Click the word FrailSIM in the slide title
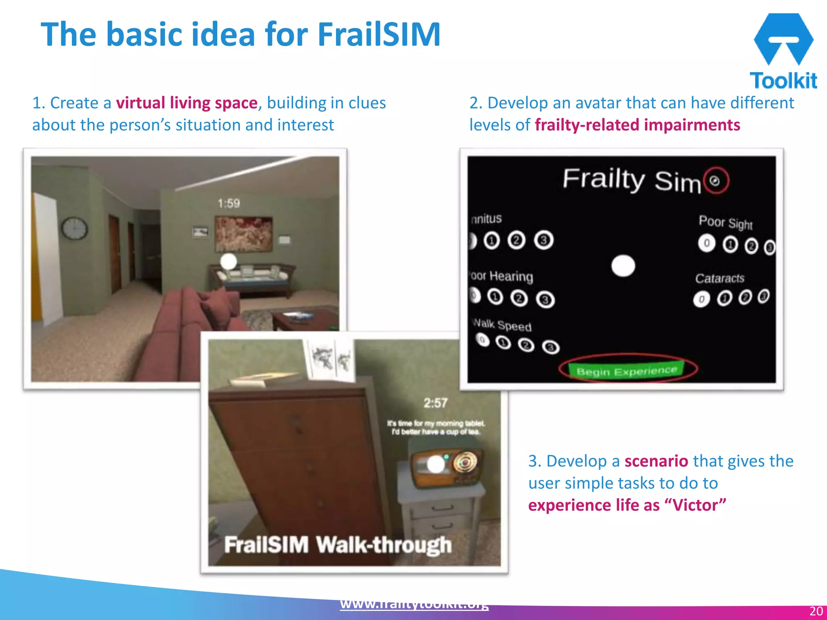click(x=379, y=35)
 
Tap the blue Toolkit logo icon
click(x=783, y=39)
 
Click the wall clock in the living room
click(x=74, y=228)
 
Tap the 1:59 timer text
click(x=229, y=203)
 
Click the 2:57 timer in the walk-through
click(x=435, y=402)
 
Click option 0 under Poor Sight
click(x=707, y=243)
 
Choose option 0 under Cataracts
click(x=702, y=299)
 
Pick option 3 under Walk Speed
click(x=551, y=347)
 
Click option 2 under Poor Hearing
click(x=519, y=298)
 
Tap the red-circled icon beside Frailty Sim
click(x=716, y=181)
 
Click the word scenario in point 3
click(x=656, y=461)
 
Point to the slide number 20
click(x=816, y=611)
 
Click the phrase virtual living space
click(x=187, y=103)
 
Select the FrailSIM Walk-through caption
click(x=338, y=545)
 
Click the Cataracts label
click(x=720, y=278)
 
